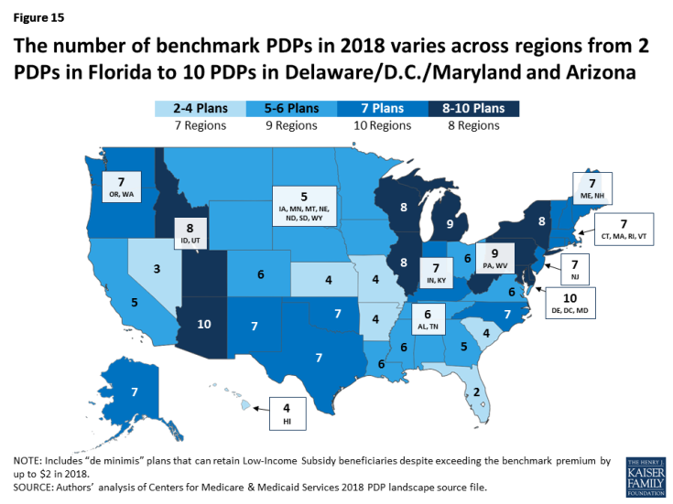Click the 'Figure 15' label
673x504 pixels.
coord(32,16)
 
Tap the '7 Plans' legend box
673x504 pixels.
coord(380,109)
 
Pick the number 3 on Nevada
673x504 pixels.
coord(157,270)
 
